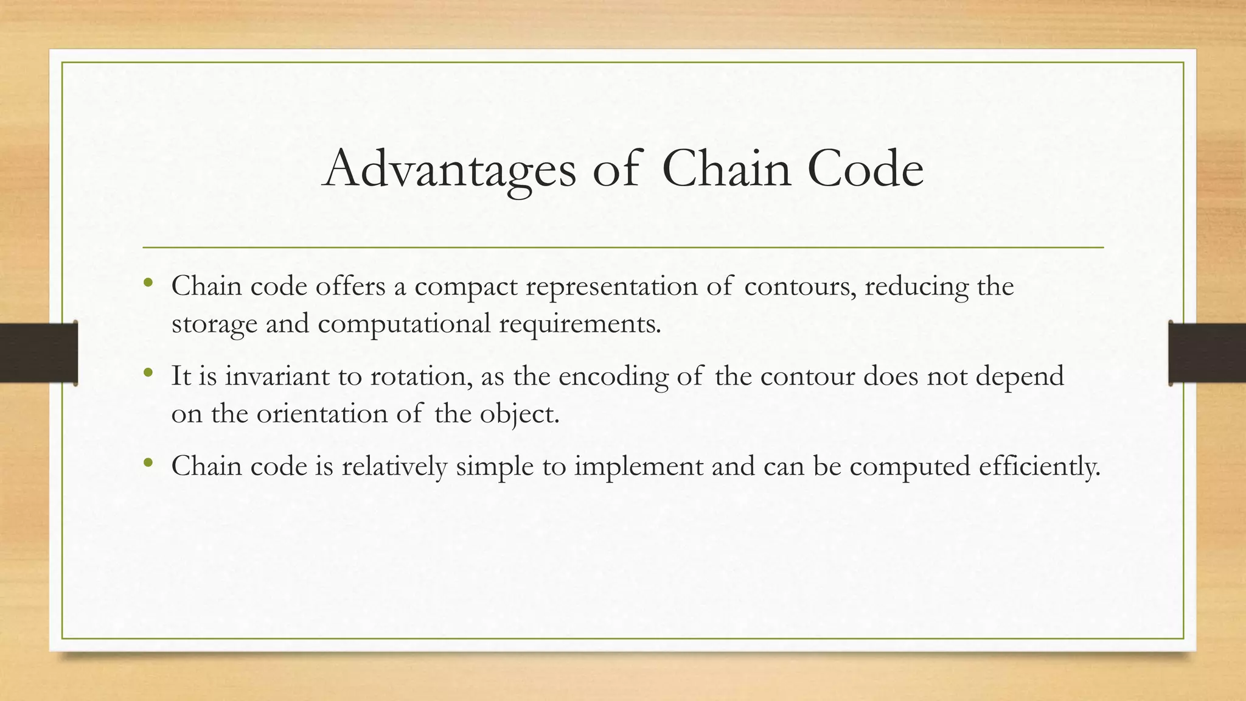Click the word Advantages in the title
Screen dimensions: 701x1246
(449, 169)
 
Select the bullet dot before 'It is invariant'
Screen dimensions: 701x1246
(148, 372)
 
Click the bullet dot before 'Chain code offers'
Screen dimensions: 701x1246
(148, 282)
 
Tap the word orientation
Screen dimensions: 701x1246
(322, 414)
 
